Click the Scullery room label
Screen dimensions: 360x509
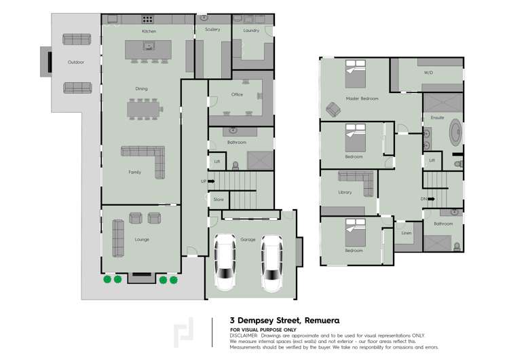pyautogui.click(x=212, y=30)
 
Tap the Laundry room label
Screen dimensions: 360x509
pyautogui.click(x=251, y=31)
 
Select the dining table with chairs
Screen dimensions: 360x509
pyautogui.click(x=145, y=109)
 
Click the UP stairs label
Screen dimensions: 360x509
pyautogui.click(x=204, y=182)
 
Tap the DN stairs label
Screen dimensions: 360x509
pyautogui.click(x=423, y=199)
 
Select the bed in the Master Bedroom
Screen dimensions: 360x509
pyautogui.click(x=359, y=75)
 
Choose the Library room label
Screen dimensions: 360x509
pyautogui.click(x=345, y=192)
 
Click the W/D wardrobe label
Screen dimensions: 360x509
pyautogui.click(x=428, y=72)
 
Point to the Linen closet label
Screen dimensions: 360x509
pyautogui.click(x=407, y=233)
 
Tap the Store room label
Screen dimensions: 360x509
pyautogui.click(x=218, y=200)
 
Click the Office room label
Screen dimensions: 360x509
pyautogui.click(x=237, y=94)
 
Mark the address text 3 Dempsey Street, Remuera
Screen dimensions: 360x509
pyautogui.click(x=284, y=320)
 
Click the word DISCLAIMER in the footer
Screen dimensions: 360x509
pyautogui.click(x=244, y=336)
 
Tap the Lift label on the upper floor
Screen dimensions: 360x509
pyautogui.click(x=432, y=161)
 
